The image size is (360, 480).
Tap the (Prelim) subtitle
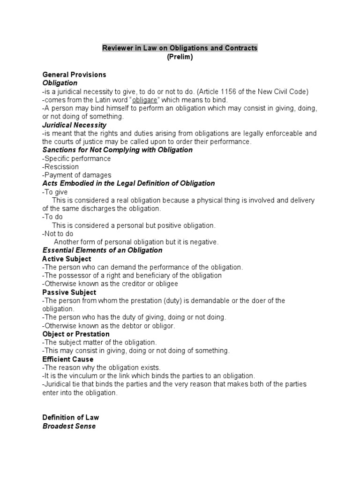click(180, 57)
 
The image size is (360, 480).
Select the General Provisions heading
click(74, 75)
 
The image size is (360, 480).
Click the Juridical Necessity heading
click(74, 125)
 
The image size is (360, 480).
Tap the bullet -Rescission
click(60, 167)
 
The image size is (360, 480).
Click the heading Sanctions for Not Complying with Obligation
click(117, 150)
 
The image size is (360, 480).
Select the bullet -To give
click(55, 192)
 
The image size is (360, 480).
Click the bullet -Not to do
click(58, 233)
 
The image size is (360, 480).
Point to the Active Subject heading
click(67, 259)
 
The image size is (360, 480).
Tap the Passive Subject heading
click(69, 292)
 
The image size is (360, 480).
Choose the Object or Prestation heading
click(76, 334)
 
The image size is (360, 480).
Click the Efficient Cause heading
click(67, 359)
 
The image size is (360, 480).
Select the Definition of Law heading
click(70, 418)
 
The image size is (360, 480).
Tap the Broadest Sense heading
click(69, 426)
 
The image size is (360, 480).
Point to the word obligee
click(167, 284)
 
